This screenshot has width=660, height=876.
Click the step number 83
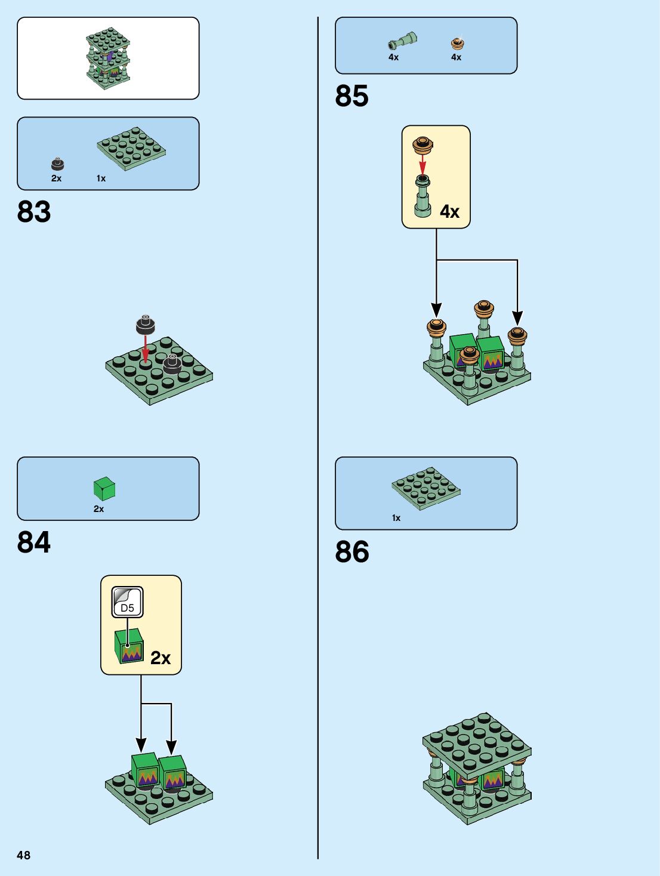(34, 212)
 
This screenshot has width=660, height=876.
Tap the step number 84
(34, 542)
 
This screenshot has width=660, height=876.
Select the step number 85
(351, 96)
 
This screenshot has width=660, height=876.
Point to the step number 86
(351, 552)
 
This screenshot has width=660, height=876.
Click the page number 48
(23, 855)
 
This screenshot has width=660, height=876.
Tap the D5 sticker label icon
(127, 603)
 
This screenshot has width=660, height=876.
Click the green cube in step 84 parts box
(104, 489)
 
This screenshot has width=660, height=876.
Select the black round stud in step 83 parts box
(57, 164)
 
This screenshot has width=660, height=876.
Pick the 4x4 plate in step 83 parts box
(131, 148)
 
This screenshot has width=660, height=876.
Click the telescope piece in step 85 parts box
(402, 41)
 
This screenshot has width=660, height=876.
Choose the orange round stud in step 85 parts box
(457, 43)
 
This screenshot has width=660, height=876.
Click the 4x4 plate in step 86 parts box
(425, 488)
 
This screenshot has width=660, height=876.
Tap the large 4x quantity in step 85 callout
(449, 212)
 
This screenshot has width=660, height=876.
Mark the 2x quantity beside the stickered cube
(160, 658)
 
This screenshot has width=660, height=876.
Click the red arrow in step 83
(145, 348)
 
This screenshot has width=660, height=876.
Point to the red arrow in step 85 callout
(422, 164)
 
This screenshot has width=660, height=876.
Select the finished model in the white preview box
(108, 58)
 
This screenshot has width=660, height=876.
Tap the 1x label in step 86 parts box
(396, 518)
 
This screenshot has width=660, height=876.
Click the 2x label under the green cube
(98, 509)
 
